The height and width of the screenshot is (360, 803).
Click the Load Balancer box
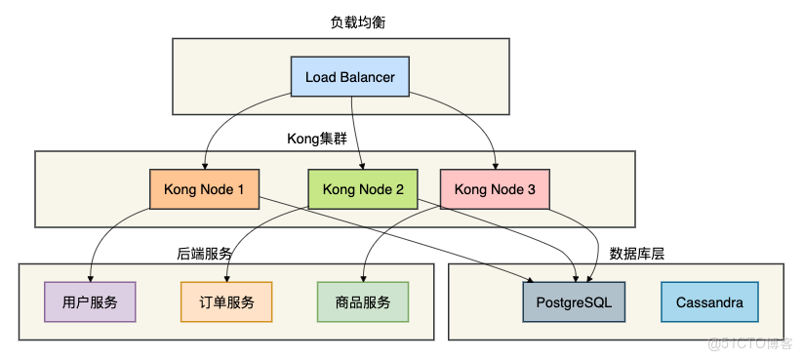pos(349,77)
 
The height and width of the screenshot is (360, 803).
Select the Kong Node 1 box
pos(203,189)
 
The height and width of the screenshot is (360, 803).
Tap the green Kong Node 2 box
pos(362,189)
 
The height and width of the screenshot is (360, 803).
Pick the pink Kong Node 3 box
pos(495,189)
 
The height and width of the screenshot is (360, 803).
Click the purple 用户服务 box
pos(91,302)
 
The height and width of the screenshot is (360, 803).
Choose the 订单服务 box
pos(226,302)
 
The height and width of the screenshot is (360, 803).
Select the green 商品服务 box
pos(363,302)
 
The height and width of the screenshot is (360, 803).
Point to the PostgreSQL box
pos(574,302)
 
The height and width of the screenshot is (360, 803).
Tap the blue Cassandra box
pos(708,302)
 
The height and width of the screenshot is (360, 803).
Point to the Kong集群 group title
pos(316,139)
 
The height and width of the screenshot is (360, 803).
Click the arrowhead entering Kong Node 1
pos(203,165)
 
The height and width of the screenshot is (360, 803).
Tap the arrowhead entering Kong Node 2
pos(362,165)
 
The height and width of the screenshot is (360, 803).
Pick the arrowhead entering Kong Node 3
pos(495,165)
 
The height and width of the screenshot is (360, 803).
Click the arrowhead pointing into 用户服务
pos(91,278)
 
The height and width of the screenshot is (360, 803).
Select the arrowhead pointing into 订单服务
pos(226,278)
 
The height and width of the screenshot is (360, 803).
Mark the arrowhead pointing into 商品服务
pos(363,278)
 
